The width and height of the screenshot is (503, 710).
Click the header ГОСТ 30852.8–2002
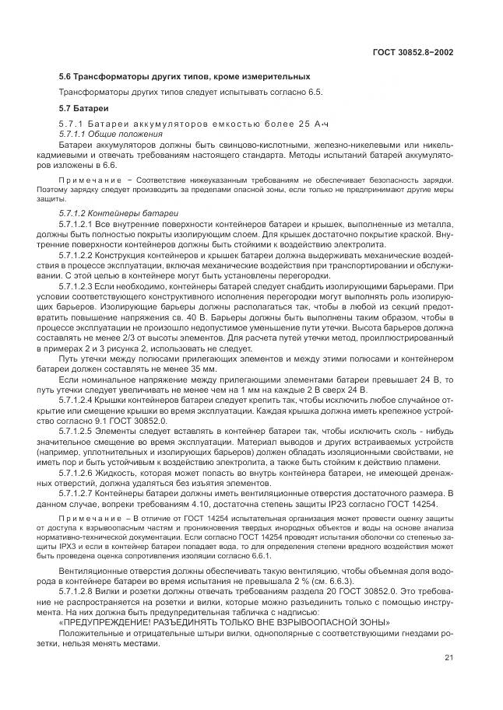[x=413, y=52]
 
